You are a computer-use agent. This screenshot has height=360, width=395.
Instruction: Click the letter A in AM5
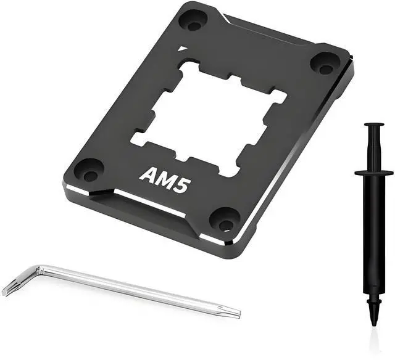[x=147, y=174]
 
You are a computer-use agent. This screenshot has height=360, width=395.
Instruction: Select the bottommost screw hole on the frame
[x=227, y=218]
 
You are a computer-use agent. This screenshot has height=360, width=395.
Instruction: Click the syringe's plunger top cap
[x=373, y=126]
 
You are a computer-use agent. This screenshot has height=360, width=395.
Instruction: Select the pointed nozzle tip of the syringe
[x=374, y=321]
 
